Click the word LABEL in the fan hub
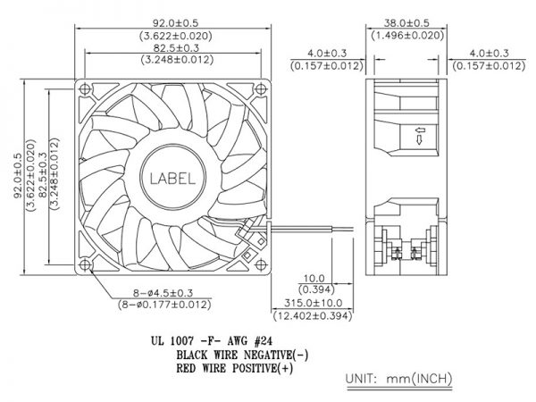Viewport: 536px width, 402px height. (172, 179)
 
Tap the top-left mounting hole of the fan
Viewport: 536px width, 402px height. (85, 89)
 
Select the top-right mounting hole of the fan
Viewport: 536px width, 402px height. (261, 89)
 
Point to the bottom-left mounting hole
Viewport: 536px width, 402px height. (85, 265)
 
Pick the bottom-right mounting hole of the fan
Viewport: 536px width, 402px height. (261, 265)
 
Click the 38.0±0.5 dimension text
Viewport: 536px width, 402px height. (406, 23)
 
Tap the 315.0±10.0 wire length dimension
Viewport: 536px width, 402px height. (314, 303)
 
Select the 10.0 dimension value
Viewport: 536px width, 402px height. (314, 279)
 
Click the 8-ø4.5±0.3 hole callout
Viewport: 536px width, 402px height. (163, 293)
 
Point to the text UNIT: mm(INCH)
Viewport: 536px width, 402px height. (399, 379)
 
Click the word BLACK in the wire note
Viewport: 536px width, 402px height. (192, 355)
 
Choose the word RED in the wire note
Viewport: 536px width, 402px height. (186, 368)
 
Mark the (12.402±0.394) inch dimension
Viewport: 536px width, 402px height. (313, 315)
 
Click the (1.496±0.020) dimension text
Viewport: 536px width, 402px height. (407, 35)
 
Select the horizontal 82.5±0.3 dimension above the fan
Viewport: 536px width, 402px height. (176, 48)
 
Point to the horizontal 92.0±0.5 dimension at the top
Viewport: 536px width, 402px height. (175, 23)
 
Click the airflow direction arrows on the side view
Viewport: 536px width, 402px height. (420, 136)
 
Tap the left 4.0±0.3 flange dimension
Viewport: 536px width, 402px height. (327, 54)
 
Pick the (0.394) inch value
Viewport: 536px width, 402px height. (316, 289)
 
